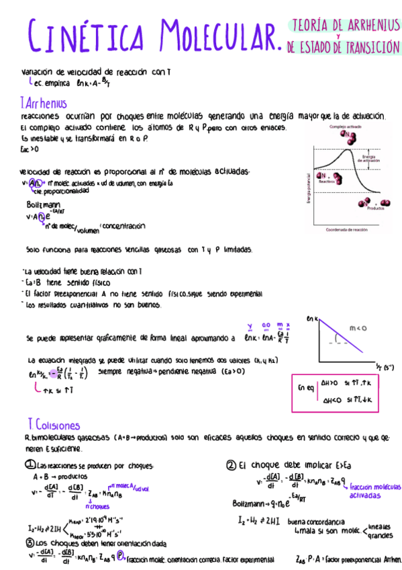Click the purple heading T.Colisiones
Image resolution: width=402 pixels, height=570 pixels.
[x=53, y=425]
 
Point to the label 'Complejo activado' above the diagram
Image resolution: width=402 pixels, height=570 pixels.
[x=347, y=127]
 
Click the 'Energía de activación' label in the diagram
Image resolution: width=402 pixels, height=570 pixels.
[x=370, y=159]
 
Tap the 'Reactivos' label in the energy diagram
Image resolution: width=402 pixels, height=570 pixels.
[x=327, y=181]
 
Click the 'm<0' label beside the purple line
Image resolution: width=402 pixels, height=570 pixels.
[x=358, y=327]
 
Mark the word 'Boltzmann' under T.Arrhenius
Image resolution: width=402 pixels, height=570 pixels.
[x=43, y=204]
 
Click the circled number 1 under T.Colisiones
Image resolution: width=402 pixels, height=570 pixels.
[x=30, y=464]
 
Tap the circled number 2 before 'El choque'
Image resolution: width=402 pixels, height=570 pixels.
[x=231, y=464]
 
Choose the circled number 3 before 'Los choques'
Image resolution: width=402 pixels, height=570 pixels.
[x=30, y=543]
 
